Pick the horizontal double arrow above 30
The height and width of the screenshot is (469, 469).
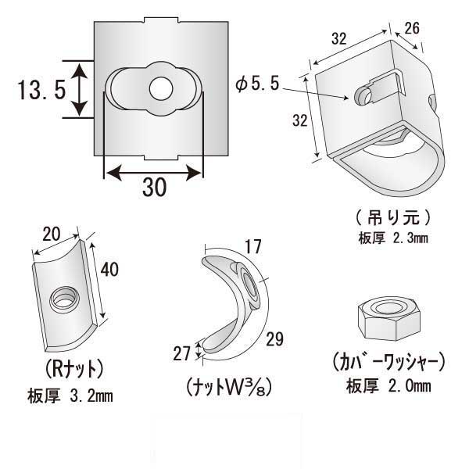(153, 170)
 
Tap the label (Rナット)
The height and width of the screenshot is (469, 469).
(70, 366)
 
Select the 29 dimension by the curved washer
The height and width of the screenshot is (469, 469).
(275, 339)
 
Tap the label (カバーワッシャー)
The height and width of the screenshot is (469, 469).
(388, 362)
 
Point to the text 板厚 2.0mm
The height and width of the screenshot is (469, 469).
(388, 386)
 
